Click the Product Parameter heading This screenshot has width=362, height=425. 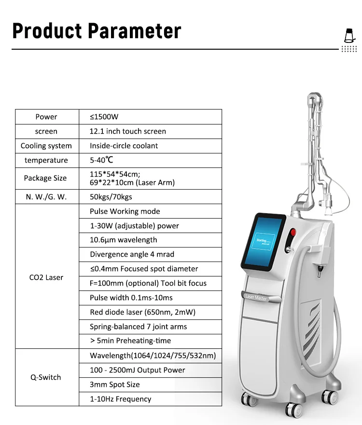pos(97,30)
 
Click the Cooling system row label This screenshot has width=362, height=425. pos(46,146)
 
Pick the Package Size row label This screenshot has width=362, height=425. pos(45,178)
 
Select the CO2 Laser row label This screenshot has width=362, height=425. pos(46,277)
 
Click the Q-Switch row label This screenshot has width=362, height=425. pos(46,377)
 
